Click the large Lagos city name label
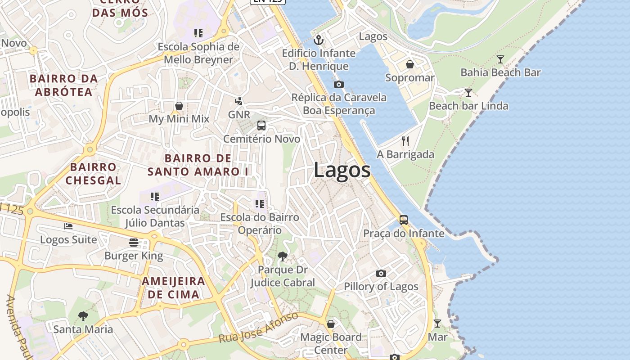[342, 170]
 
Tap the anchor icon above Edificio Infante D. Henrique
[319, 40]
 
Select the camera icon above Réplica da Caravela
[339, 84]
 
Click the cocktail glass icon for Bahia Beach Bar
[500, 59]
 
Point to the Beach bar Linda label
[468, 106]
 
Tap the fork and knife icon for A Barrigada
[405, 141]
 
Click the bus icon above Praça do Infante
[404, 220]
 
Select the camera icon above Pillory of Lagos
[381, 273]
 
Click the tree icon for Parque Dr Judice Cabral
[283, 256]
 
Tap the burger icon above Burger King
[134, 243]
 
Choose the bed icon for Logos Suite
[68, 226]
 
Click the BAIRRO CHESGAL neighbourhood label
[93, 174]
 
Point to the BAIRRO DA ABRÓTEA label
[63, 85]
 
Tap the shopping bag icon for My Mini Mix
[179, 106]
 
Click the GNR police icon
[239, 101]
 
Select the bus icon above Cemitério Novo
[261, 126]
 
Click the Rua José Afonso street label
[258, 327]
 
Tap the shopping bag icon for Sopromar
[410, 64]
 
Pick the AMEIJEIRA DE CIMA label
[173, 288]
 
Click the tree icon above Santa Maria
[83, 316]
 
